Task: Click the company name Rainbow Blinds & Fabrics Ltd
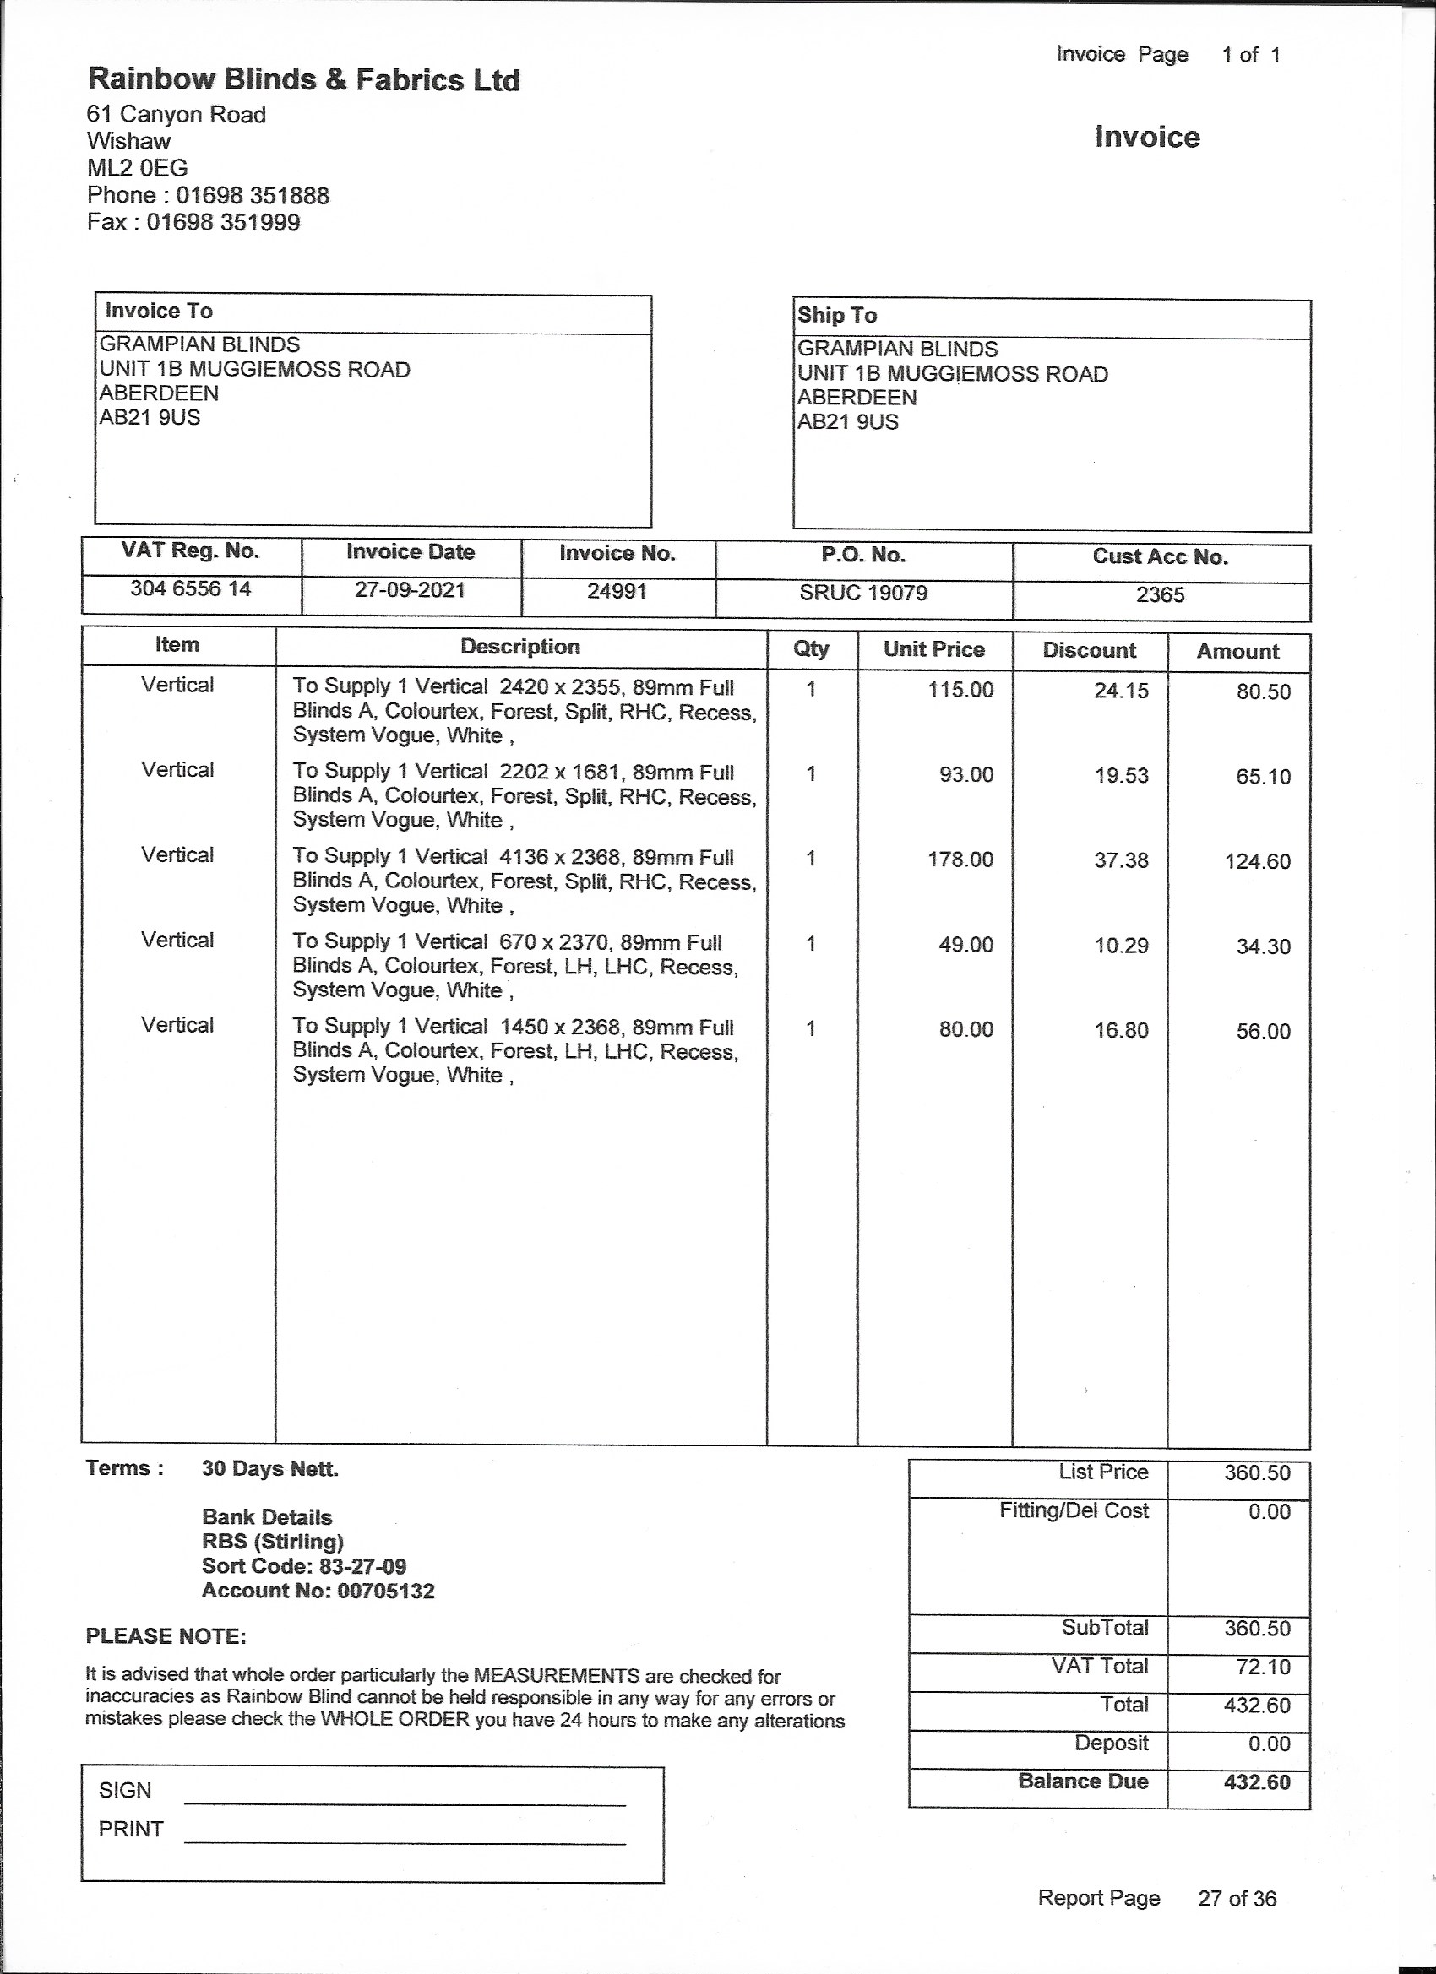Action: point(304,80)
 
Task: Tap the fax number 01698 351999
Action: point(222,222)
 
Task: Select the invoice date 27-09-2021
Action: point(410,590)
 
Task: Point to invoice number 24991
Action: point(617,592)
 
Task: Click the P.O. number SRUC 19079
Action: point(863,593)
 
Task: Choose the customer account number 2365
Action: point(1160,594)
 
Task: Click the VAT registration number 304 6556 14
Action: point(191,588)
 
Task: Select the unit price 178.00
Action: point(960,859)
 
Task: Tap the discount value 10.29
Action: point(1121,946)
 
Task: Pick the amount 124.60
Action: point(1258,862)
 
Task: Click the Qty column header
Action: point(811,648)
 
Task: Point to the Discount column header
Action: point(1090,650)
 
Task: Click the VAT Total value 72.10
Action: point(1258,1667)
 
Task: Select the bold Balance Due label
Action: point(1082,1781)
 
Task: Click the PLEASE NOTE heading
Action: point(166,1636)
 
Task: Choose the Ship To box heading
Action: point(837,315)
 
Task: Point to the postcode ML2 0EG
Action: point(138,168)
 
